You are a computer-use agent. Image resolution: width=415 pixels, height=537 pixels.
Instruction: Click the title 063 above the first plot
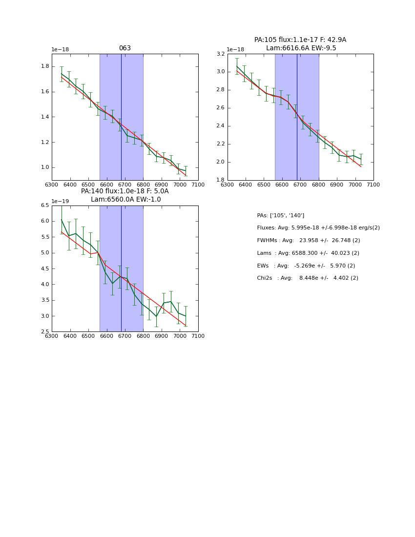point(124,48)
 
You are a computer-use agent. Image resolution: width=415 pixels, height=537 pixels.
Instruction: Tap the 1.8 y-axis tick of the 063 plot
point(45,66)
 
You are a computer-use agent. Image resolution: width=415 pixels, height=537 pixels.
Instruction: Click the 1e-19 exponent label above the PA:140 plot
point(60,201)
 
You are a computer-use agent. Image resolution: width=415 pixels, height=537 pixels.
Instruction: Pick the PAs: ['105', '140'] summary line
point(280,215)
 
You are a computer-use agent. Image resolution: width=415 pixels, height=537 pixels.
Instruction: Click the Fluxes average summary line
point(318,228)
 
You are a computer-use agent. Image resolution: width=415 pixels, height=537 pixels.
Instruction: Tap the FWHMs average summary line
point(308,241)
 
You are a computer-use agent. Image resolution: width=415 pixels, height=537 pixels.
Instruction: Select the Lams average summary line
point(308,253)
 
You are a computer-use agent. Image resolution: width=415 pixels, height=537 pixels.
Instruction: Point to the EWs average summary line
point(306,266)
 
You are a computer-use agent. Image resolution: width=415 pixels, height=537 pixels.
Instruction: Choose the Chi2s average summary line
point(307,278)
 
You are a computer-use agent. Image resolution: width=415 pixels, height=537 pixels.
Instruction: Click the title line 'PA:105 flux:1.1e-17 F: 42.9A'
point(300,40)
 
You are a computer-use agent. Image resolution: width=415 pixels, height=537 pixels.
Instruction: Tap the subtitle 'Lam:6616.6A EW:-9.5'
point(301,48)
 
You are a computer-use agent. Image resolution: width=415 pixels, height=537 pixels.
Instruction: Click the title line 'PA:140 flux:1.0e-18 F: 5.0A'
point(124,191)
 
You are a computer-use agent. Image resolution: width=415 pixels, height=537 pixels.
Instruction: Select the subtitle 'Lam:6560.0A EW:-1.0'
point(125,200)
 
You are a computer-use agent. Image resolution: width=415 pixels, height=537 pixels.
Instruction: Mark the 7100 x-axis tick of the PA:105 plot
point(373,185)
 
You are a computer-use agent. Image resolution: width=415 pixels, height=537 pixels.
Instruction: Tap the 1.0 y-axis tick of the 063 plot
point(45,167)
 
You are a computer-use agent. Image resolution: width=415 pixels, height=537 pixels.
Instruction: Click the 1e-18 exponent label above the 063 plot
point(60,50)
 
